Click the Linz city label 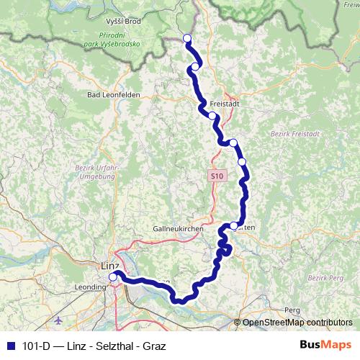coord(105,266)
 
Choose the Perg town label coord(292,309)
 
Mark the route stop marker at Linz coord(113,276)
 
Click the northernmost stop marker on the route coord(187,38)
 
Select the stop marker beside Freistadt coord(212,116)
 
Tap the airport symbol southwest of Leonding coord(58,319)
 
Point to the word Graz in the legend coord(151,345)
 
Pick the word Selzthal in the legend coord(110,345)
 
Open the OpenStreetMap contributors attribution coord(297,323)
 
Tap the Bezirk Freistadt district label coord(288,135)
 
